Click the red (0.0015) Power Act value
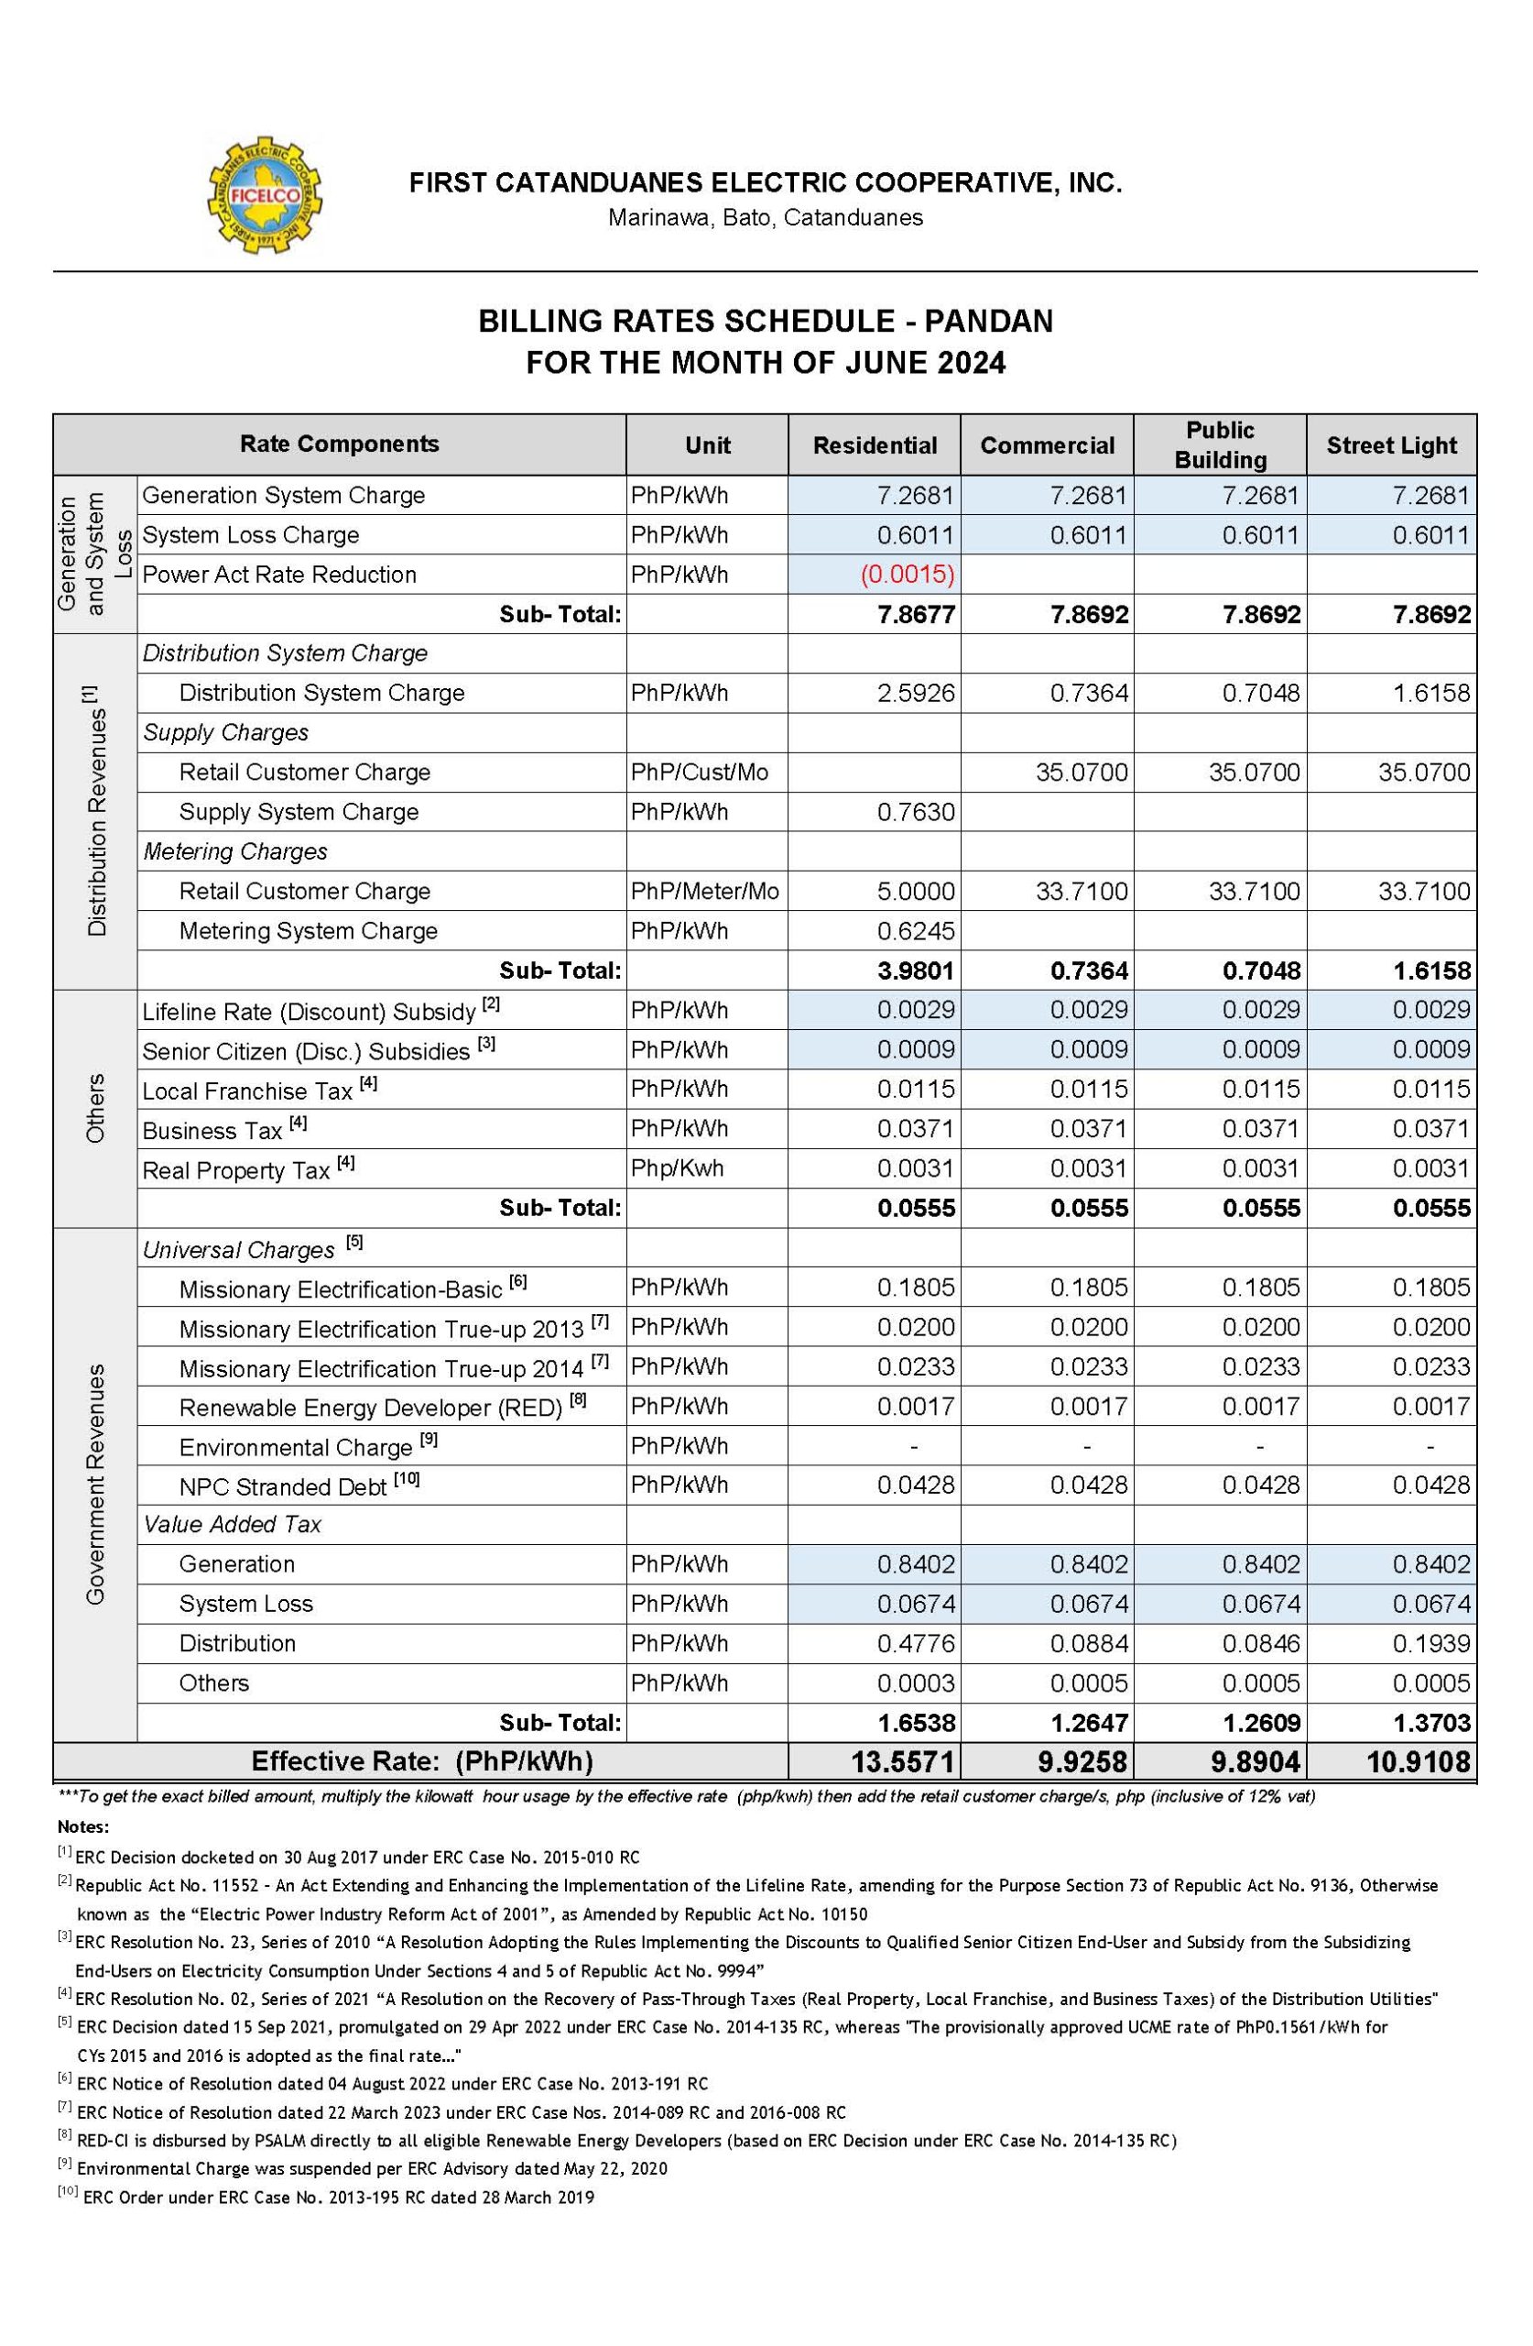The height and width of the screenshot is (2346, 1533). pos(907,575)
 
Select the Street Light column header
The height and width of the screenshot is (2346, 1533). pos(1390,445)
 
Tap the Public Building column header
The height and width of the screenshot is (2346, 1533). pos(1220,444)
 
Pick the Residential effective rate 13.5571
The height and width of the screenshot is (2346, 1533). pos(901,1760)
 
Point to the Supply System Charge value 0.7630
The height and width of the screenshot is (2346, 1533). pos(915,812)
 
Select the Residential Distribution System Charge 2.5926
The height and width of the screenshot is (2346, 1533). pos(915,693)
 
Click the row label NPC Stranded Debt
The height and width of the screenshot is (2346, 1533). pos(283,1486)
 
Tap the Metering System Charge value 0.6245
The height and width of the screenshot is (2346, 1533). pos(915,930)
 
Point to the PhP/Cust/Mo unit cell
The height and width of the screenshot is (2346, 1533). pos(700,772)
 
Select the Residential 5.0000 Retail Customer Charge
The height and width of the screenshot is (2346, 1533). pos(915,891)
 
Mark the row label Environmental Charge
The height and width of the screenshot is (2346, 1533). pos(296,1447)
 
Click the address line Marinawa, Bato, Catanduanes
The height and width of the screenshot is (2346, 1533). pos(765,218)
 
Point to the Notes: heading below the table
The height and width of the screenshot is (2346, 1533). pos(82,1826)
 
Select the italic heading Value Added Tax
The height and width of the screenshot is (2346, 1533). pos(233,1524)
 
